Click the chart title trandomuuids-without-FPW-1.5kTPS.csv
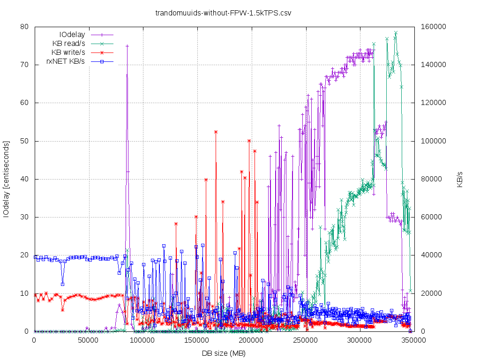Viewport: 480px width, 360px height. click(223, 13)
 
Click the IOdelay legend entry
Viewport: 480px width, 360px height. click(72, 35)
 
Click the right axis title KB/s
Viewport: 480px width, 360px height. click(460, 179)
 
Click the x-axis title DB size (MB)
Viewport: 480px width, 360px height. click(224, 353)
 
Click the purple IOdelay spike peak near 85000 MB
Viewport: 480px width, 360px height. click(127, 46)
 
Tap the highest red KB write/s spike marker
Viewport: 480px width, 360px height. click(216, 132)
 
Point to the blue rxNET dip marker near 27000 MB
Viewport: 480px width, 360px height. click(62, 284)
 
